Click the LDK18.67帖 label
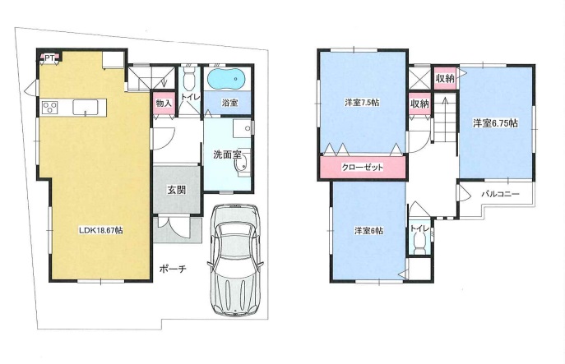(101, 230)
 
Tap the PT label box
(49, 58)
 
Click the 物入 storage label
(164, 103)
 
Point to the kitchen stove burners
(49, 108)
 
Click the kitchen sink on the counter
(86, 108)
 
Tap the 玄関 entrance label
(176, 190)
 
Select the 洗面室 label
(227, 154)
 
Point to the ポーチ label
(173, 269)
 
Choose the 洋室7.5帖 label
(362, 103)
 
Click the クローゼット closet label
(362, 168)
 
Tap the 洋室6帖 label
(368, 231)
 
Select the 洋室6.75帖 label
(495, 123)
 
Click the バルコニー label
(501, 194)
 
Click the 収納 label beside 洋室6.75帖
(445, 78)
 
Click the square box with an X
(419, 78)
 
